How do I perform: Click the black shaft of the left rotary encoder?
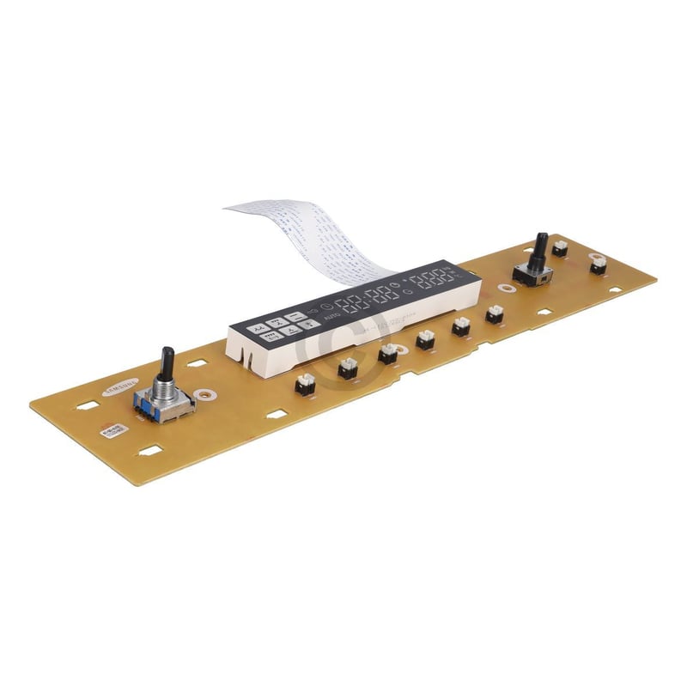tap(167, 362)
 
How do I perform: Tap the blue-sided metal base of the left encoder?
tap(163, 404)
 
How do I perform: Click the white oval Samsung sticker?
tap(118, 387)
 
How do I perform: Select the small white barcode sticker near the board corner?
tap(112, 431)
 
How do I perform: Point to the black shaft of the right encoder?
tap(540, 250)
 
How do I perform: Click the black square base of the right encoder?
tap(532, 276)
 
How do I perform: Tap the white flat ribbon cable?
tap(309, 236)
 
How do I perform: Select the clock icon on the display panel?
tap(328, 309)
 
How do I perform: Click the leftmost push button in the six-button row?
tap(305, 384)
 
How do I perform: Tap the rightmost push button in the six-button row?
tap(495, 315)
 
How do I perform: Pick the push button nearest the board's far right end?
tap(599, 265)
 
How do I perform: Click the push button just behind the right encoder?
tap(560, 248)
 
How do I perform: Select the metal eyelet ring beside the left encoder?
tap(204, 396)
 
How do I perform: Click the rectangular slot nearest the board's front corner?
tap(150, 450)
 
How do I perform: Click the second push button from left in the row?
tap(347, 368)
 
